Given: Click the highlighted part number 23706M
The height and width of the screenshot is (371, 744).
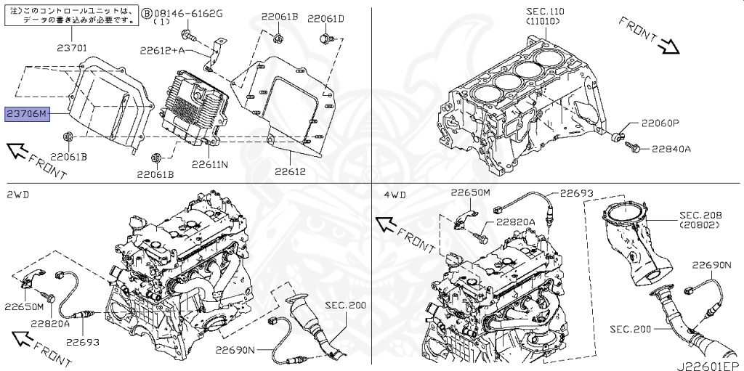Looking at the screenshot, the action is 27,115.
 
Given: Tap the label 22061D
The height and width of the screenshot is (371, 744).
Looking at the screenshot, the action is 325,18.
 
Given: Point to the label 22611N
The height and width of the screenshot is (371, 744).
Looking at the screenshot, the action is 210,165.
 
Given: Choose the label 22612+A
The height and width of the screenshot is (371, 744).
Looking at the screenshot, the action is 163,50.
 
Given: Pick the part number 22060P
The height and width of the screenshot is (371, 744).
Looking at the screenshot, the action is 659,123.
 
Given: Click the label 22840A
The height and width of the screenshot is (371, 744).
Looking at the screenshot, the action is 671,149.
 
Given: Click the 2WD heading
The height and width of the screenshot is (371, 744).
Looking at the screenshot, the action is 19,195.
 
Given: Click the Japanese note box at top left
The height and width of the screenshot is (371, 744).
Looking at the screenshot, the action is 71,16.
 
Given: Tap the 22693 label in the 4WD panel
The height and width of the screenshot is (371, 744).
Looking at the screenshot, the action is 576,194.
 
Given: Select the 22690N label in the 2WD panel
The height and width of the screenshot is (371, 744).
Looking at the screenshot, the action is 235,350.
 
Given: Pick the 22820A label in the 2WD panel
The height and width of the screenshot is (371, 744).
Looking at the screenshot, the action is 49,323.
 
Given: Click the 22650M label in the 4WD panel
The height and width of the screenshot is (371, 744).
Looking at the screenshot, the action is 471,193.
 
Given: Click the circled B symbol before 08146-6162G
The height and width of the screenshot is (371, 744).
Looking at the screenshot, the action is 147,13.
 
